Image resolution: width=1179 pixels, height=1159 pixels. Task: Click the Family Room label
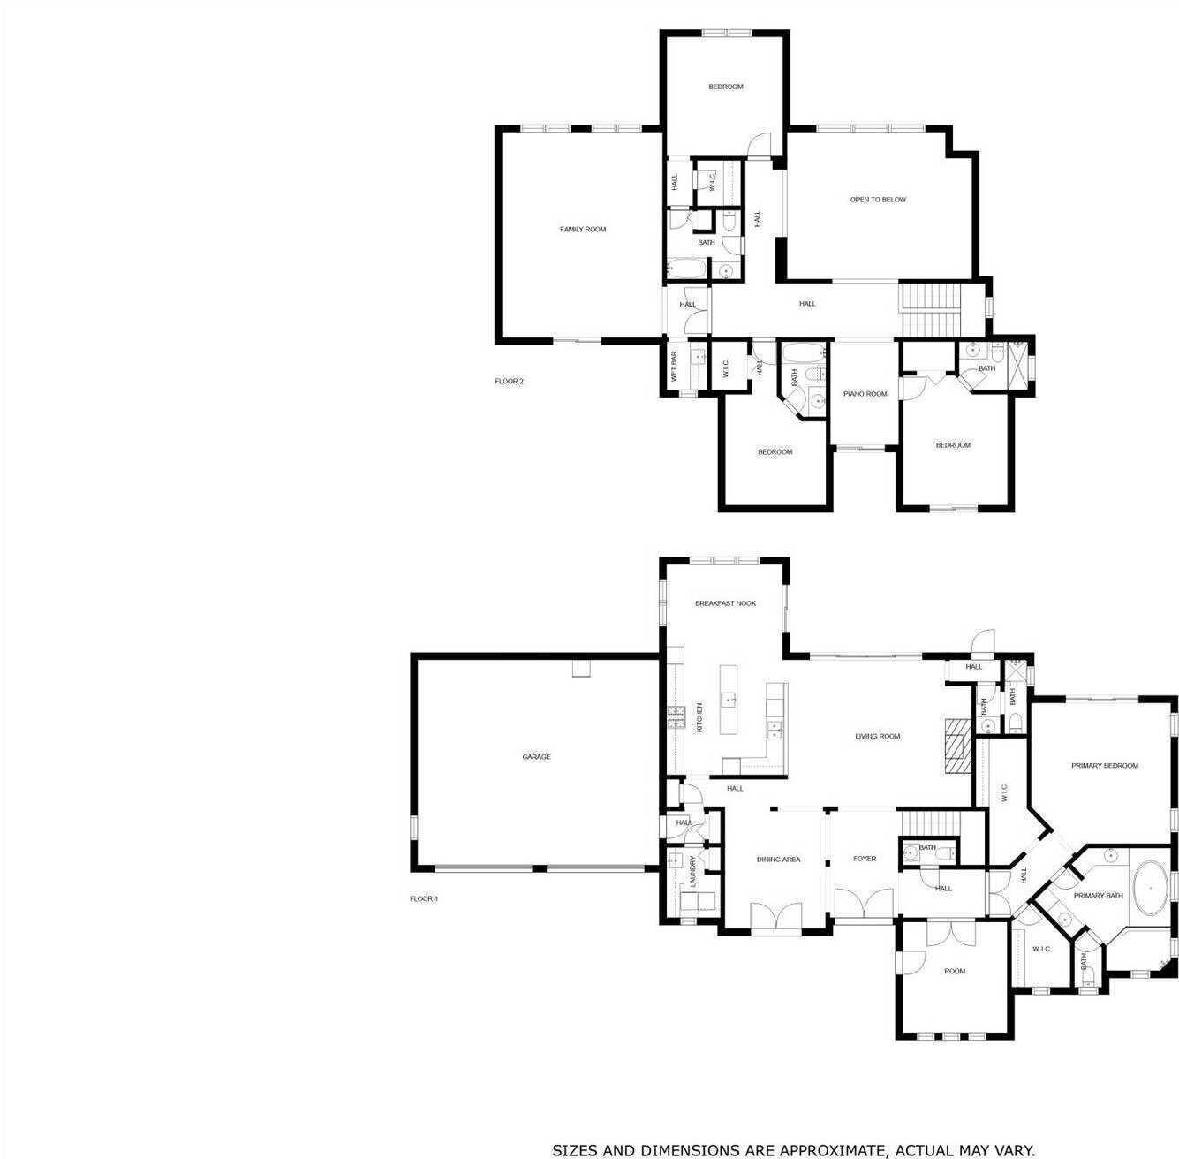click(x=583, y=230)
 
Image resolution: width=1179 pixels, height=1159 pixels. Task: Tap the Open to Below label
click(x=878, y=200)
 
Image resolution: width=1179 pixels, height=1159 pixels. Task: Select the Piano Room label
click(x=865, y=394)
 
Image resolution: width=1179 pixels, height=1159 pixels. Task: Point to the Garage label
click(x=536, y=757)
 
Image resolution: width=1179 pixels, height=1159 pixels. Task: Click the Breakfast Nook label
click(x=725, y=603)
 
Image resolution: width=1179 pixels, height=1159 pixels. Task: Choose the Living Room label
click(x=877, y=736)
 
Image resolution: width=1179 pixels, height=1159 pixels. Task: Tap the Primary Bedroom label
click(x=1104, y=766)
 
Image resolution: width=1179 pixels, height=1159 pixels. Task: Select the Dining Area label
click(x=778, y=859)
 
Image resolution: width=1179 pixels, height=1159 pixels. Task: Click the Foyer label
click(x=864, y=859)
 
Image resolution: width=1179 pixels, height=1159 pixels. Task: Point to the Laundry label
click(x=693, y=871)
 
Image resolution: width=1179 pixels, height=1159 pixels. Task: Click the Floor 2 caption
click(x=509, y=382)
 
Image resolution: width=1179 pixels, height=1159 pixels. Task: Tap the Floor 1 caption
click(x=423, y=898)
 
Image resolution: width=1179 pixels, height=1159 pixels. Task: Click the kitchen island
click(x=730, y=700)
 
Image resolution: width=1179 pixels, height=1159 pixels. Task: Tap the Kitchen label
click(x=699, y=717)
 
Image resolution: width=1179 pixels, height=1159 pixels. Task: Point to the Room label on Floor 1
click(x=955, y=971)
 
